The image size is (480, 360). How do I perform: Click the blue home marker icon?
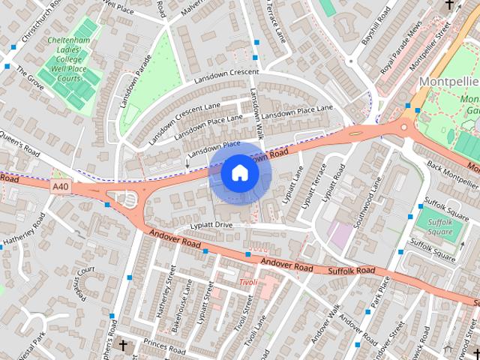coord(240,173)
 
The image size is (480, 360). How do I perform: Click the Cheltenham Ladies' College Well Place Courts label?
coord(68,59)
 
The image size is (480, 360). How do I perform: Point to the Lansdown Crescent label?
coord(226,76)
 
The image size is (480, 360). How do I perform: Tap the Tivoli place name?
coord(248,283)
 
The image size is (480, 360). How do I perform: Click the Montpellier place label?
coord(448,81)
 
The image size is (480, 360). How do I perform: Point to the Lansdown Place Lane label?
coord(298,111)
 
